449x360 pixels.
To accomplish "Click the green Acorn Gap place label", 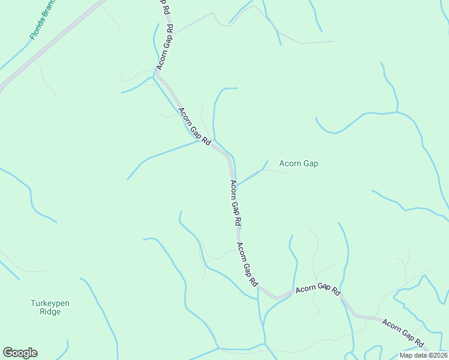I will (x=298, y=163).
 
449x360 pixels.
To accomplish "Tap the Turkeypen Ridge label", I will (x=50, y=307).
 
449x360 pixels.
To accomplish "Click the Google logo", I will (x=20, y=353).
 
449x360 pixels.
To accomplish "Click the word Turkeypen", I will (x=50, y=304).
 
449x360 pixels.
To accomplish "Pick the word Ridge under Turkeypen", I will (x=50, y=311).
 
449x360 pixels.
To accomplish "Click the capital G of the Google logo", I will (x=8, y=353).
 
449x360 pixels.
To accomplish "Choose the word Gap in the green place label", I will (x=310, y=163).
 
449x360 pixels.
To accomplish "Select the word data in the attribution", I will (x=420, y=355).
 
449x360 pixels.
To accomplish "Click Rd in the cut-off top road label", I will (x=170, y=28).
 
